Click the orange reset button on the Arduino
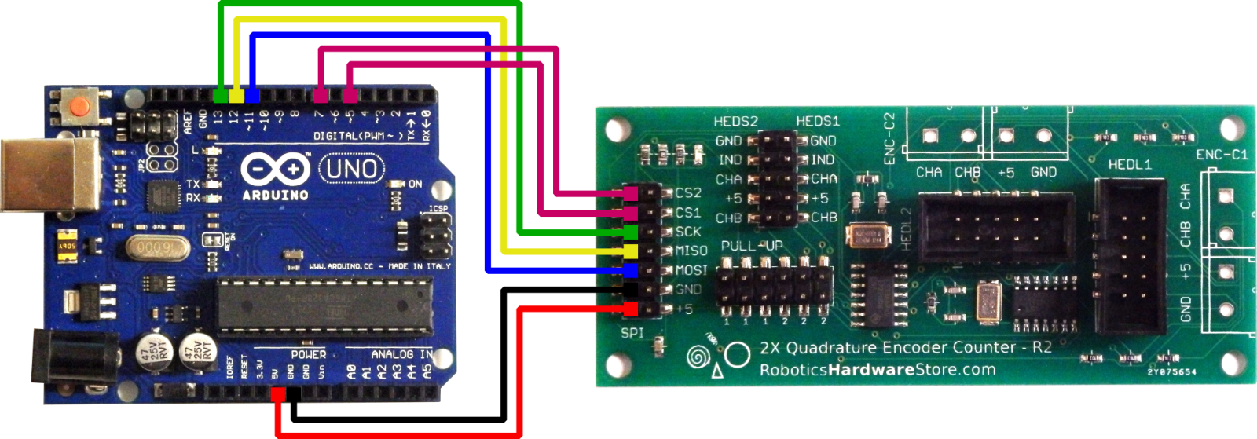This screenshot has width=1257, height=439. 79,107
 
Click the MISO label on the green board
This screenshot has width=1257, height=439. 691,251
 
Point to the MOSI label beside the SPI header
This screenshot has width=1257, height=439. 691,270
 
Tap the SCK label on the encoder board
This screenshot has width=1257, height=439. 688,232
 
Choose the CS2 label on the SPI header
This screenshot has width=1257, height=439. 688,193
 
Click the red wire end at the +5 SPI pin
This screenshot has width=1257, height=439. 631,309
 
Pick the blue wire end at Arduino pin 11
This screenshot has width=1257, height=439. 252,96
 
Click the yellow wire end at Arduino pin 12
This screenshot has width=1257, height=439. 236,96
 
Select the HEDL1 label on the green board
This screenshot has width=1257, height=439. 1129,165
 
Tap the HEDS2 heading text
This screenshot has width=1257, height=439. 735,122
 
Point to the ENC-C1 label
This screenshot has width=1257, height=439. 1222,155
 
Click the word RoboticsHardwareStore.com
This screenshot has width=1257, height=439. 877,370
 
